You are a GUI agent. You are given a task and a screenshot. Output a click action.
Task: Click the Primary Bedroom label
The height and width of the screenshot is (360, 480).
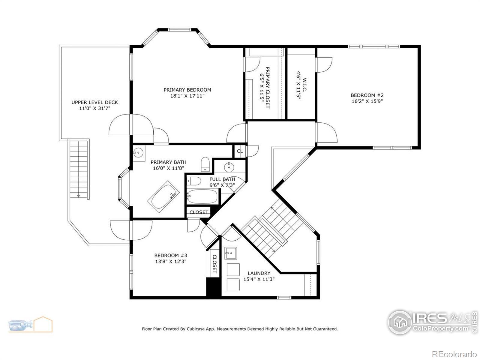pos(187,90)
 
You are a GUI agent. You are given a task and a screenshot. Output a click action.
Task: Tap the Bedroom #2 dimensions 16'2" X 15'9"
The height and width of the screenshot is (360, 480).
pos(367,101)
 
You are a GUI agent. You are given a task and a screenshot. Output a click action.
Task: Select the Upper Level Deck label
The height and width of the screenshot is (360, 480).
pos(95,102)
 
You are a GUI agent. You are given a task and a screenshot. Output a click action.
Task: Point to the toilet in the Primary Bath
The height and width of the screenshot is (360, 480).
pos(205,164)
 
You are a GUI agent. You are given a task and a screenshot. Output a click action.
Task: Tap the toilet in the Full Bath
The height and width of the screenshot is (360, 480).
pos(194,181)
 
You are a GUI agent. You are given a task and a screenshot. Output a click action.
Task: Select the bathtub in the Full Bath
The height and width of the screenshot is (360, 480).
pos(202,196)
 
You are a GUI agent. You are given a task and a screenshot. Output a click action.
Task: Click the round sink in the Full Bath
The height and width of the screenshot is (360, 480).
pos(229,167)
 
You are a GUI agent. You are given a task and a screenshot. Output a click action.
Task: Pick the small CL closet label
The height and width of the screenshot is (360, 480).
pos(240,151)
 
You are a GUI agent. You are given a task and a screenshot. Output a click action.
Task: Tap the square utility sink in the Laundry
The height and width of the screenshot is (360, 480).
pos(231,253)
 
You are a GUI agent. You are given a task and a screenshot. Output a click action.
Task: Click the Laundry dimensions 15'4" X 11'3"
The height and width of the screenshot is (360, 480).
pos(259,279)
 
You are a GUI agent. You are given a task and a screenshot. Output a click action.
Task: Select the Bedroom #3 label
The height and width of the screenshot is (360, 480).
pos(171,256)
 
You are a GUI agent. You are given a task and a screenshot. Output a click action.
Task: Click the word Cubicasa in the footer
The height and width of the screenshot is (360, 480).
pos(195,329)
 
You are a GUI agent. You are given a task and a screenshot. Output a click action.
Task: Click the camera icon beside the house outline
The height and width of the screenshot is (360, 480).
pos(20,325)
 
